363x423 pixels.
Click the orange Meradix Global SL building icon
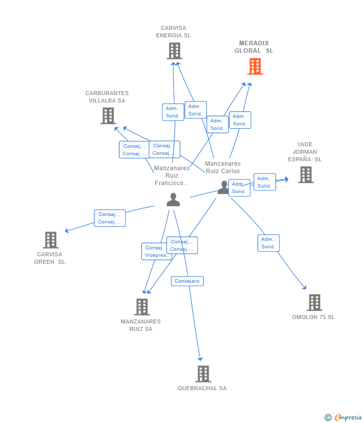pyautogui.click(x=255, y=66)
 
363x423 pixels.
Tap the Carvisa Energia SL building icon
pyautogui.click(x=174, y=51)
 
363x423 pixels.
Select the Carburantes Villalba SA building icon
pyautogui.click(x=108, y=115)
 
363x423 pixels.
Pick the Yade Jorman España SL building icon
pyautogui.click(x=306, y=175)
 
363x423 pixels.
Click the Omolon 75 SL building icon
pyautogui.click(x=314, y=302)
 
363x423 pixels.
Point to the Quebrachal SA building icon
pyautogui.click(x=203, y=374)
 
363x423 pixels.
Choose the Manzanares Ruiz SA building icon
pyautogui.click(x=142, y=307)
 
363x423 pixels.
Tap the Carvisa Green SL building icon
pyautogui.click(x=50, y=240)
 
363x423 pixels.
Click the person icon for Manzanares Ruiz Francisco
pyautogui.click(x=173, y=200)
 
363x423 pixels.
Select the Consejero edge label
pyautogui.click(x=187, y=281)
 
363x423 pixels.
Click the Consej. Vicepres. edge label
pyautogui.click(x=157, y=251)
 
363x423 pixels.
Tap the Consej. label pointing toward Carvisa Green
pyautogui.click(x=110, y=218)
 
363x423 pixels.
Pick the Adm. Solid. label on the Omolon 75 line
pyautogui.click(x=268, y=243)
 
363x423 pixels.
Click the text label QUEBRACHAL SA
pyautogui.click(x=202, y=388)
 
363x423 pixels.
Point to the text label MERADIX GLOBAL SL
pyautogui.click(x=254, y=47)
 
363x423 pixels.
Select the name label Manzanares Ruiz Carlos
pyautogui.click(x=222, y=167)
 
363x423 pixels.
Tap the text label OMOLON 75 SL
pyautogui.click(x=313, y=317)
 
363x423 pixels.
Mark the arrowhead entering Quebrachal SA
pyautogui.click(x=200, y=358)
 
